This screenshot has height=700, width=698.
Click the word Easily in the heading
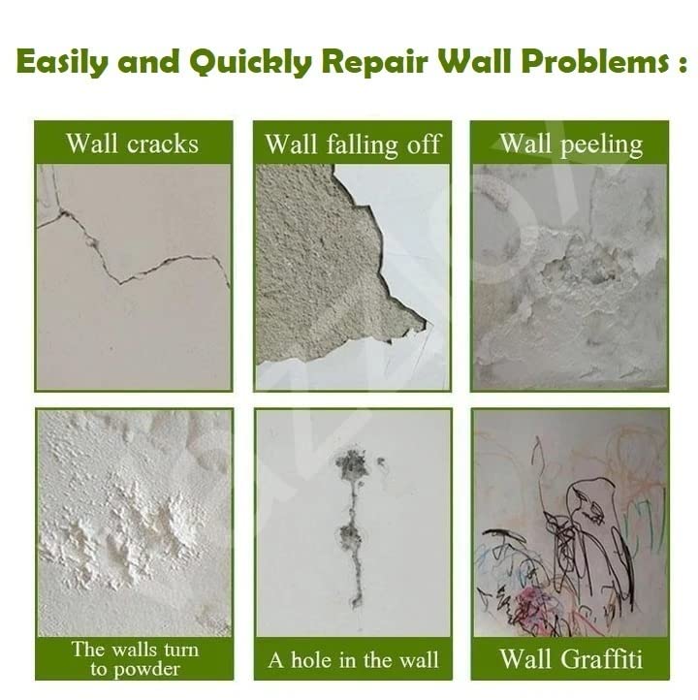[x=62, y=62]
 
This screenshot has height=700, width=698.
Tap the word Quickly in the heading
[x=250, y=62]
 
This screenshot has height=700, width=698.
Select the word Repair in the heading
[x=374, y=62]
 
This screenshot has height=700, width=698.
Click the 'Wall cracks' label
[x=133, y=143]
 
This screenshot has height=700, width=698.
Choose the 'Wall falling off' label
[x=353, y=144]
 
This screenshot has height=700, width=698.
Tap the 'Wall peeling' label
[x=571, y=144]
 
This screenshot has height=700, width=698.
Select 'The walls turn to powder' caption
[x=135, y=658]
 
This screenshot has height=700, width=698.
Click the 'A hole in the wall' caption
[x=354, y=660]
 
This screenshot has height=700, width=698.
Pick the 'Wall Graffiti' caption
[x=571, y=659]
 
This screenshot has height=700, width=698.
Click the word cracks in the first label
[x=163, y=143]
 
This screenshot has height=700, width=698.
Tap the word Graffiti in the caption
[x=601, y=659]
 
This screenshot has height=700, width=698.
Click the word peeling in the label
[x=601, y=145]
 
